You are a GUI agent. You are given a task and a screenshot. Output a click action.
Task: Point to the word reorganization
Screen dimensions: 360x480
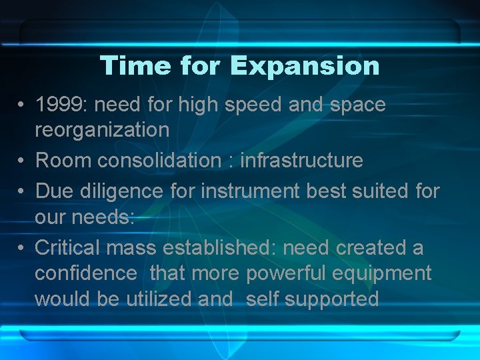pos(102,130)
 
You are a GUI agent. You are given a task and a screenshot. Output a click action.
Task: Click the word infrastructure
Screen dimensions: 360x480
pos(301,161)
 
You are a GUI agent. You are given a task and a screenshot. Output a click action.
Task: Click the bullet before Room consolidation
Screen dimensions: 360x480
pos(22,161)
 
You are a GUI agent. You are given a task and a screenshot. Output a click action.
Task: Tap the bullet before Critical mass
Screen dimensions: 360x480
pos(22,248)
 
